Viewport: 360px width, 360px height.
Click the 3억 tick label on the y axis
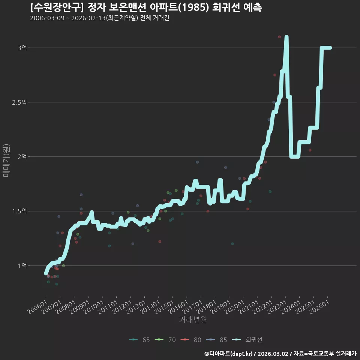[x=22, y=48]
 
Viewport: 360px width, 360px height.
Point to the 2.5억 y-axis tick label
[x=19, y=102]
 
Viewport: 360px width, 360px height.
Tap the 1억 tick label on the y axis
[x=22, y=265]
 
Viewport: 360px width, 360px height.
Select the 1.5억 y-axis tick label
[x=19, y=211]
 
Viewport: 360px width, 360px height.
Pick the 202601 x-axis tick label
[x=319, y=307]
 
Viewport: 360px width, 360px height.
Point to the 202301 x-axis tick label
[x=277, y=307]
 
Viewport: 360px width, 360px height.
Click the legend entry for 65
[x=139, y=340]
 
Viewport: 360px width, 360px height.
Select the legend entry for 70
[x=165, y=340]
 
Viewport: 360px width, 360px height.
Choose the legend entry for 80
[x=191, y=340]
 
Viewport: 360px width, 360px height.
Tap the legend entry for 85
[x=216, y=340]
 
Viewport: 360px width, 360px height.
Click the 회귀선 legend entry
[x=247, y=340]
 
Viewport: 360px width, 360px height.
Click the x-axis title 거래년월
[x=193, y=319]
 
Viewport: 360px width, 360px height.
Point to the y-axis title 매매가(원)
[x=6, y=161]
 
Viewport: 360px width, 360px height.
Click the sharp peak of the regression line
[x=286, y=37]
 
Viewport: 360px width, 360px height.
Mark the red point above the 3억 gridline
[x=279, y=37]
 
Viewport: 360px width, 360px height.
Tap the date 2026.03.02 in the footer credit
[x=273, y=354]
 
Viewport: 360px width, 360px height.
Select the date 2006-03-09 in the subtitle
[x=47, y=18]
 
